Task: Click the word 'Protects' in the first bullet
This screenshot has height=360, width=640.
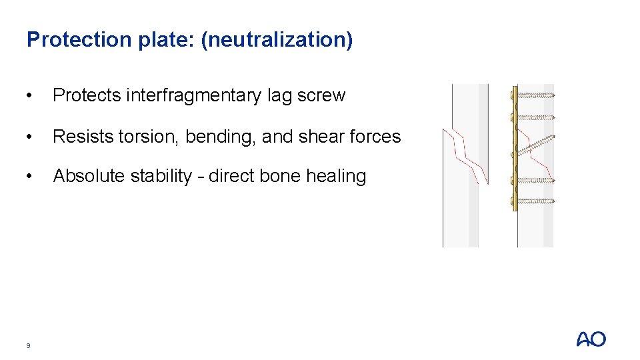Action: pos(86,96)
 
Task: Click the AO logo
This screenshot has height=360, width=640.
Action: pos(591,339)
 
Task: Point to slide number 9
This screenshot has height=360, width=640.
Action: pos(28,345)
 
